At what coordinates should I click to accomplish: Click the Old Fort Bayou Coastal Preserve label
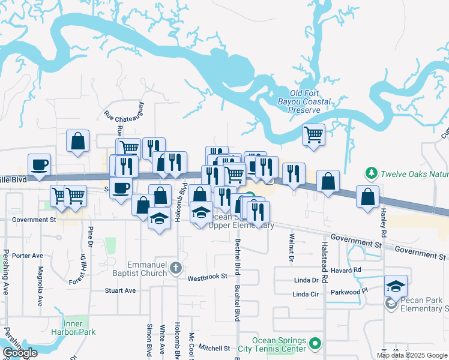[x=310, y=101]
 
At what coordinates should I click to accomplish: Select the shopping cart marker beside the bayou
[x=313, y=134]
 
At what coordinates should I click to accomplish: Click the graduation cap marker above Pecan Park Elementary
[x=396, y=286]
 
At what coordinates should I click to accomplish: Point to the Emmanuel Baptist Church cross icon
[x=175, y=268]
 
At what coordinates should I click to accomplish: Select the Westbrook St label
[x=207, y=277]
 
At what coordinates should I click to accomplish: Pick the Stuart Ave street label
[x=121, y=290]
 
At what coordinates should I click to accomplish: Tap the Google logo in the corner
[x=20, y=353]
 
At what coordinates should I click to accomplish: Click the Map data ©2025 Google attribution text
[x=411, y=355]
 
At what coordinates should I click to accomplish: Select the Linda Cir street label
[x=306, y=294]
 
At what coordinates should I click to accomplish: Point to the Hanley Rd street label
[x=382, y=220]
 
